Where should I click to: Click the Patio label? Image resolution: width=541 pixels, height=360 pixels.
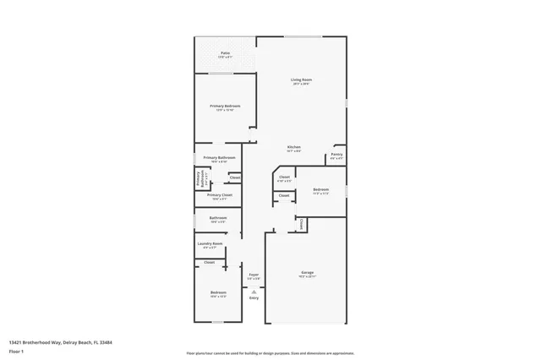(225, 52)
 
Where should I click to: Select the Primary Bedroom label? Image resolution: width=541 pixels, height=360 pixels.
(225, 106)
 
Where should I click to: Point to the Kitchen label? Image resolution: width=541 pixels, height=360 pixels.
(294, 147)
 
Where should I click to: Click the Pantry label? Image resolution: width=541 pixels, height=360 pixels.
(336, 155)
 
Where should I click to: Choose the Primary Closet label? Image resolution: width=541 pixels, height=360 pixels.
(219, 195)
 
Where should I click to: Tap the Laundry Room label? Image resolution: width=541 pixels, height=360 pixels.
(210, 244)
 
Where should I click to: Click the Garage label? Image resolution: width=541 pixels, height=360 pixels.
(308, 272)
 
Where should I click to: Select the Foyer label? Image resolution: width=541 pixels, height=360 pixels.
(254, 275)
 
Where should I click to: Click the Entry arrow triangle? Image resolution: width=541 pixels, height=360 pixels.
(254, 290)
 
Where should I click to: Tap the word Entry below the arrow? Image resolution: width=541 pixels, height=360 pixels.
(254, 298)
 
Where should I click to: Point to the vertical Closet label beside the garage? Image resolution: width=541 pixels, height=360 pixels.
(302, 224)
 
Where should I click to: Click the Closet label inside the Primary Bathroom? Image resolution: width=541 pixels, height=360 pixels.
(235, 177)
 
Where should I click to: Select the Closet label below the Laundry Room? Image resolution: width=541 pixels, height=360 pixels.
(209, 263)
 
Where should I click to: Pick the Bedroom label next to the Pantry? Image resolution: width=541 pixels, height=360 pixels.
(320, 189)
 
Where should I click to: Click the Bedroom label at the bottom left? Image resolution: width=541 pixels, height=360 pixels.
(218, 292)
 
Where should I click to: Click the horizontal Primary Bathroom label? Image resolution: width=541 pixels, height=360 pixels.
(219, 158)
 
